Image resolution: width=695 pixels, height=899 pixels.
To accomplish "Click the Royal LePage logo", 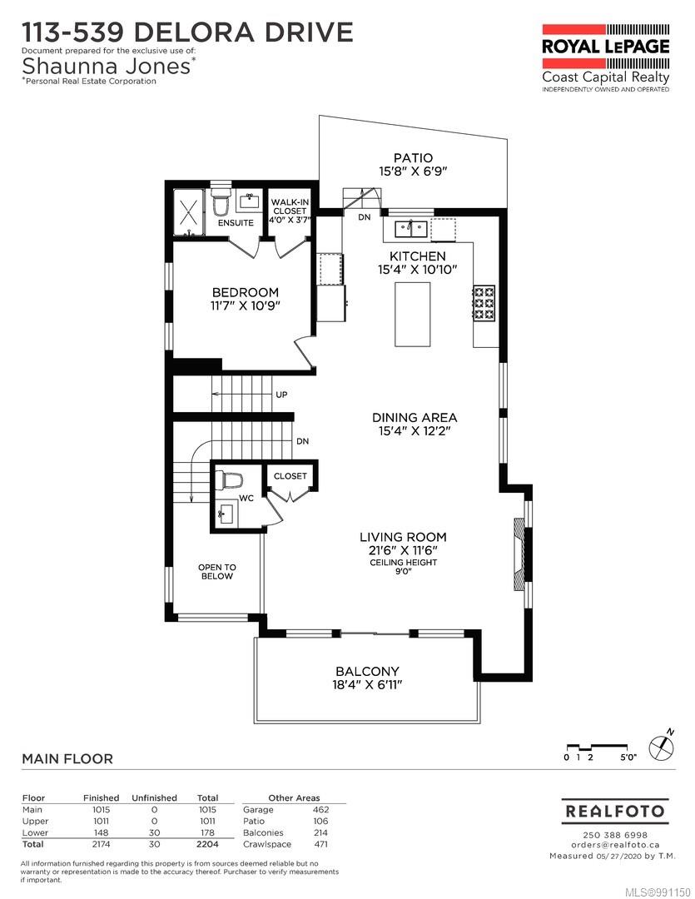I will (605, 46).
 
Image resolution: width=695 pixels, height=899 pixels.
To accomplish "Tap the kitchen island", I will (412, 314).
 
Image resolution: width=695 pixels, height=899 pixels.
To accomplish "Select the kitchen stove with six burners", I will (484, 303).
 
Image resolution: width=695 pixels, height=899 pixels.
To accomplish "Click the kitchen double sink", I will (410, 226).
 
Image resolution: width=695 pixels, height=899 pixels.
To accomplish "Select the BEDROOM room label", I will (245, 292).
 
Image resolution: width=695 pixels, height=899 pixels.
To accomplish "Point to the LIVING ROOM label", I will (403, 537).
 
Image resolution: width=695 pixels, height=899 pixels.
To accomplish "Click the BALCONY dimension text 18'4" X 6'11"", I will (367, 685).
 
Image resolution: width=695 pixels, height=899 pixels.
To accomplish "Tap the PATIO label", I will (413, 157).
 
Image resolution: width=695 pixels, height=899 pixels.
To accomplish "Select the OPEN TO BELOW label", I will (216, 572).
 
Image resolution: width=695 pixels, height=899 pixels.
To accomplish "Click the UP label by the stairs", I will (281, 395).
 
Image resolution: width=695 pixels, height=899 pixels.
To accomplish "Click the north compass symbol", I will (662, 746).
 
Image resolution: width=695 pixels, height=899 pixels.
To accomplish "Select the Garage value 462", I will (320, 809).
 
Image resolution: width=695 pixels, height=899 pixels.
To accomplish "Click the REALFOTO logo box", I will (615, 811).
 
